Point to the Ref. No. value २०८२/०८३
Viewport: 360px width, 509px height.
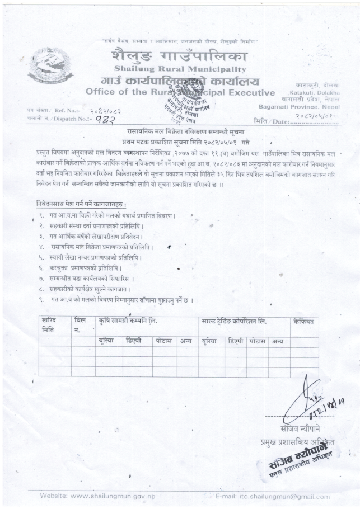click(105, 111)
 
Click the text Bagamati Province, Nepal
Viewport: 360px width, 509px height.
click(299, 105)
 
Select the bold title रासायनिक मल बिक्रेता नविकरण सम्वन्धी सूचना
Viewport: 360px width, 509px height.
click(183, 130)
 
